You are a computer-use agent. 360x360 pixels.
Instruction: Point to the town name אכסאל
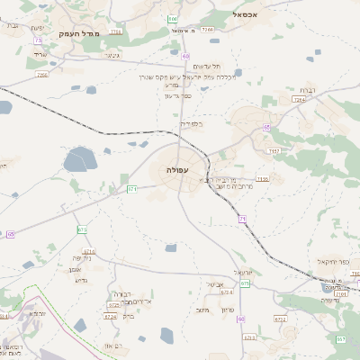[246, 15]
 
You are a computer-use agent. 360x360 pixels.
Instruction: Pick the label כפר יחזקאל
[332, 262]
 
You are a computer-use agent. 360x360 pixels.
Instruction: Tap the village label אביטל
[214, 284]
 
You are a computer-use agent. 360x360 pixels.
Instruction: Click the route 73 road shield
[38, 40]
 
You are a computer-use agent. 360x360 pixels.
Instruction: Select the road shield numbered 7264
[208, 30]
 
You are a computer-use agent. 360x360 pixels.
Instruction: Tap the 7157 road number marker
[274, 150]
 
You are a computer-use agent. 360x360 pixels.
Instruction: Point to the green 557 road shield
[341, 338]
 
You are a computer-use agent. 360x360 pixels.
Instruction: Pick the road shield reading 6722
[280, 319]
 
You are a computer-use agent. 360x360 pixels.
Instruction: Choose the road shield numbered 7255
[41, 75]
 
